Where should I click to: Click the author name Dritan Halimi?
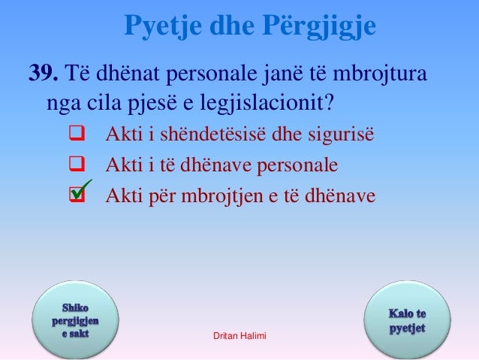(x=239, y=342)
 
